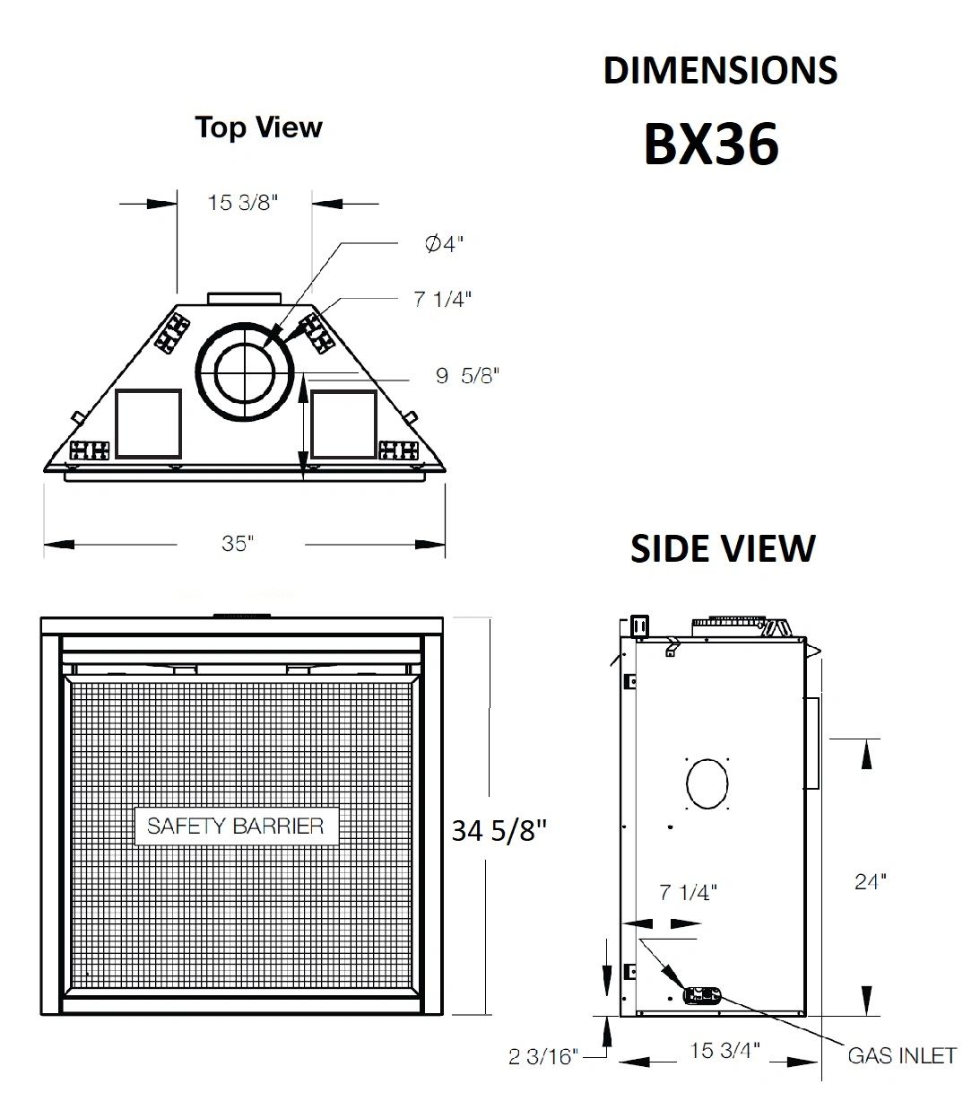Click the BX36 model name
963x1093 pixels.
pyautogui.click(x=711, y=144)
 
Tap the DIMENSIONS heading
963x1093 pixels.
pyautogui.click(x=720, y=71)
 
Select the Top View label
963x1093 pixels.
pyautogui.click(x=259, y=127)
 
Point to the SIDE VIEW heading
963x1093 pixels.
pyautogui.click(x=723, y=549)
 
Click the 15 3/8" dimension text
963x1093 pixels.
pyautogui.click(x=243, y=203)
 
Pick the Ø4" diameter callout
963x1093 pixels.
pyautogui.click(x=444, y=244)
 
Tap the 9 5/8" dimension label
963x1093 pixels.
pyautogui.click(x=467, y=375)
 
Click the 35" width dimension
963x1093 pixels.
pyautogui.click(x=238, y=543)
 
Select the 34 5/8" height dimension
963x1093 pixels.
pyautogui.click(x=499, y=831)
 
